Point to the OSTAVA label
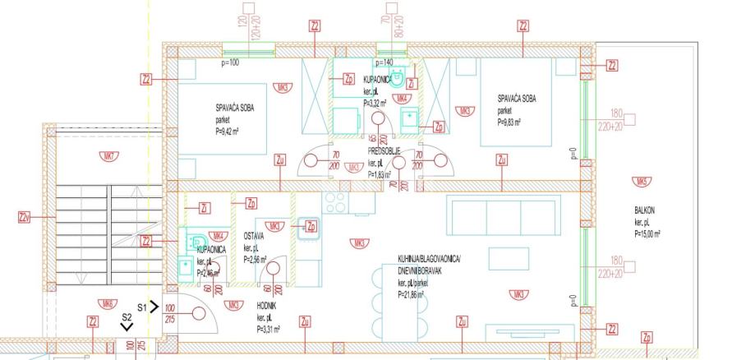(253, 236)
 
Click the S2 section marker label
(127, 316)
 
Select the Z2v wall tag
(24, 218)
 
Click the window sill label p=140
(385, 62)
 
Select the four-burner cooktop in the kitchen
(336, 201)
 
